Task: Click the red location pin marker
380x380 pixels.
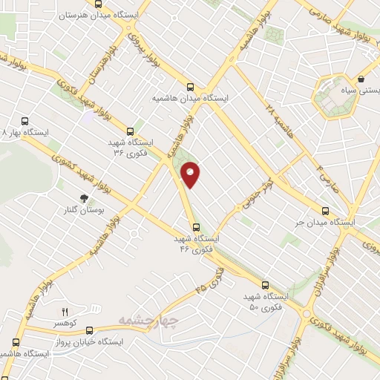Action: click(191, 175)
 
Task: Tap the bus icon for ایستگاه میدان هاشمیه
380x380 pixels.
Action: click(191, 85)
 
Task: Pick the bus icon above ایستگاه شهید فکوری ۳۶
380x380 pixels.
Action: click(131, 128)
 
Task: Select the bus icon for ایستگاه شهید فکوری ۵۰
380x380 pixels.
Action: click(265, 284)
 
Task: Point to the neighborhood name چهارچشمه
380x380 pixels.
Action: click(148, 320)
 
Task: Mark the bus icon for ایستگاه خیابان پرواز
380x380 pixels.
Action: click(16, 342)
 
